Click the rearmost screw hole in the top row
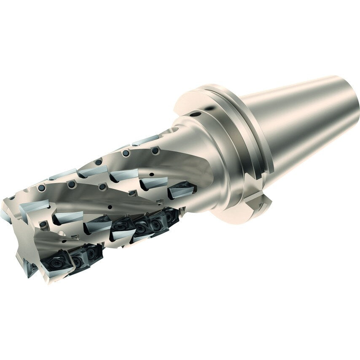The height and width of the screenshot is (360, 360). [x=155, y=150]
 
